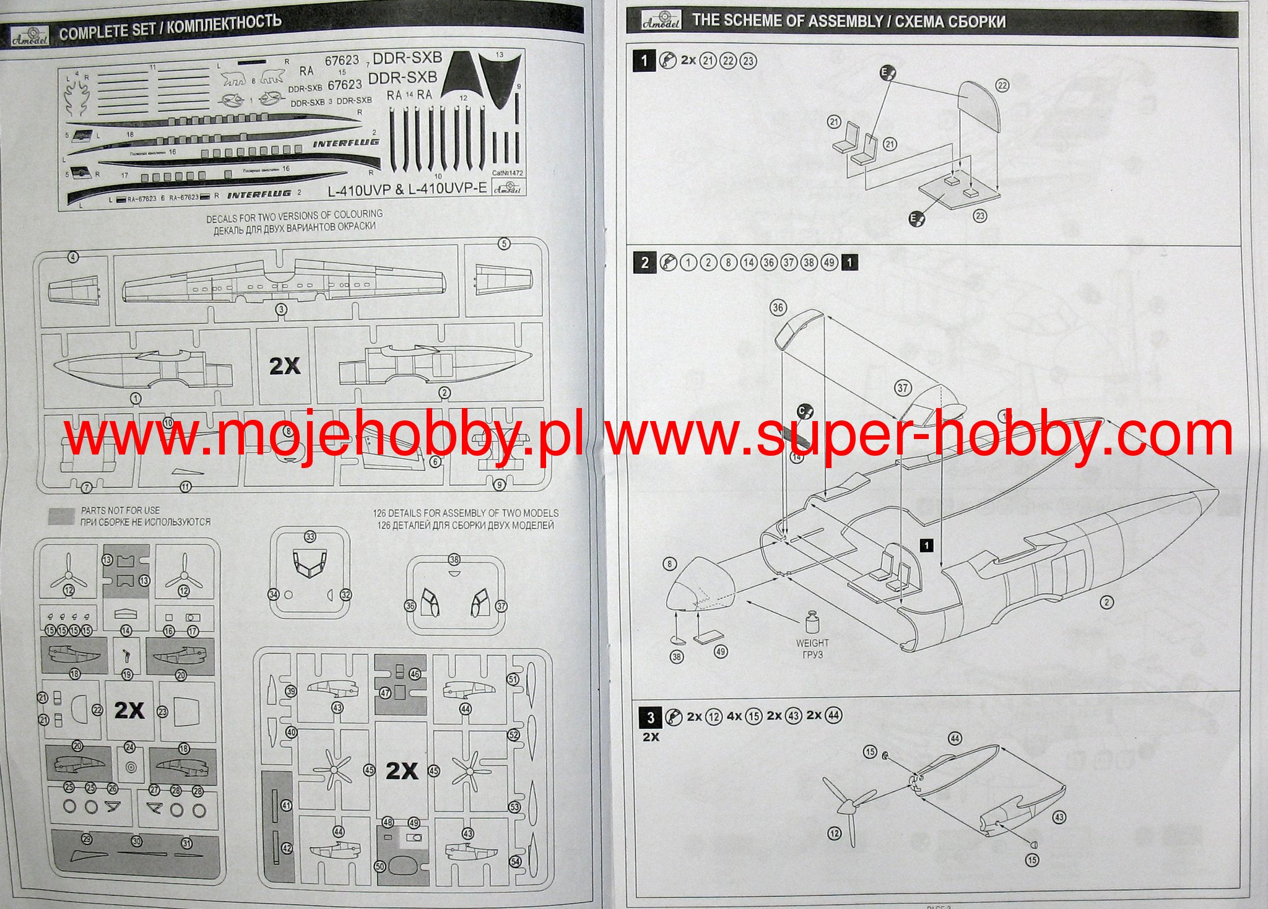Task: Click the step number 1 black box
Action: pos(645,61)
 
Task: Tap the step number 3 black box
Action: pos(649,718)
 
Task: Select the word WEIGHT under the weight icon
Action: pos(812,643)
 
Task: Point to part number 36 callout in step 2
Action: pos(778,308)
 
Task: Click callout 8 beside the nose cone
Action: pos(669,564)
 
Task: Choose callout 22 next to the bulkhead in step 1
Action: pos(1002,86)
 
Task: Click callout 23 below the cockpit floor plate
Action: pos(979,215)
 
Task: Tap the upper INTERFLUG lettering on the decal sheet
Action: pos(345,144)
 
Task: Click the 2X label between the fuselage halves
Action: pos(285,365)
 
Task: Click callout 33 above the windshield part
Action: pos(310,537)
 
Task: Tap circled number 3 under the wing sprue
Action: pos(281,310)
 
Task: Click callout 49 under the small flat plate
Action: pos(721,651)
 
